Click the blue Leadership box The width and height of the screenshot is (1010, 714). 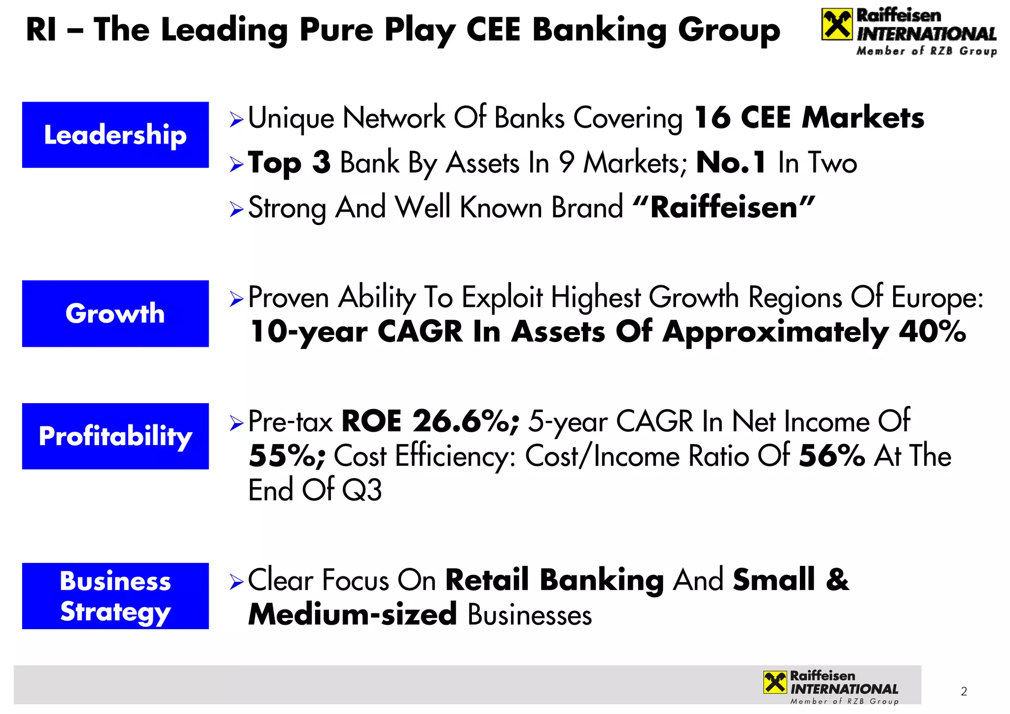(115, 135)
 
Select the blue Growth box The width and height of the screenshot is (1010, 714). (115, 313)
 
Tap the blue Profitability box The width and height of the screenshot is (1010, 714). (115, 436)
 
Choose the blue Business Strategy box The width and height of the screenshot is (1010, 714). (115, 596)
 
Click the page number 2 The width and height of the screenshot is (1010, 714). (964, 691)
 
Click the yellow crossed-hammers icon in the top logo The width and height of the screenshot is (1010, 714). (836, 25)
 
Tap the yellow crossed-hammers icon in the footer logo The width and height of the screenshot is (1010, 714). (775, 682)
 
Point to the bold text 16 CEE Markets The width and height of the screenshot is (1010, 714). (808, 118)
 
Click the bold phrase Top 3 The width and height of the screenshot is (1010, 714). (289, 163)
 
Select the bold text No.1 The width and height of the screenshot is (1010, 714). (731, 163)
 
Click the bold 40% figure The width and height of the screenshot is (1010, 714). (932, 332)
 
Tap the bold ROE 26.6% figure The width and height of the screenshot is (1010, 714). (430, 421)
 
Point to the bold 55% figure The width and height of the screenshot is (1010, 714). (287, 456)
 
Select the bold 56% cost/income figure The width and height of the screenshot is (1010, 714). (831, 456)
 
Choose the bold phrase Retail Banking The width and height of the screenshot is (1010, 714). (554, 580)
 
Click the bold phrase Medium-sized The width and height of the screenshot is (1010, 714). (352, 615)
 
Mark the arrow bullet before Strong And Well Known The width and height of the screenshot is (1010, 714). (237, 209)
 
